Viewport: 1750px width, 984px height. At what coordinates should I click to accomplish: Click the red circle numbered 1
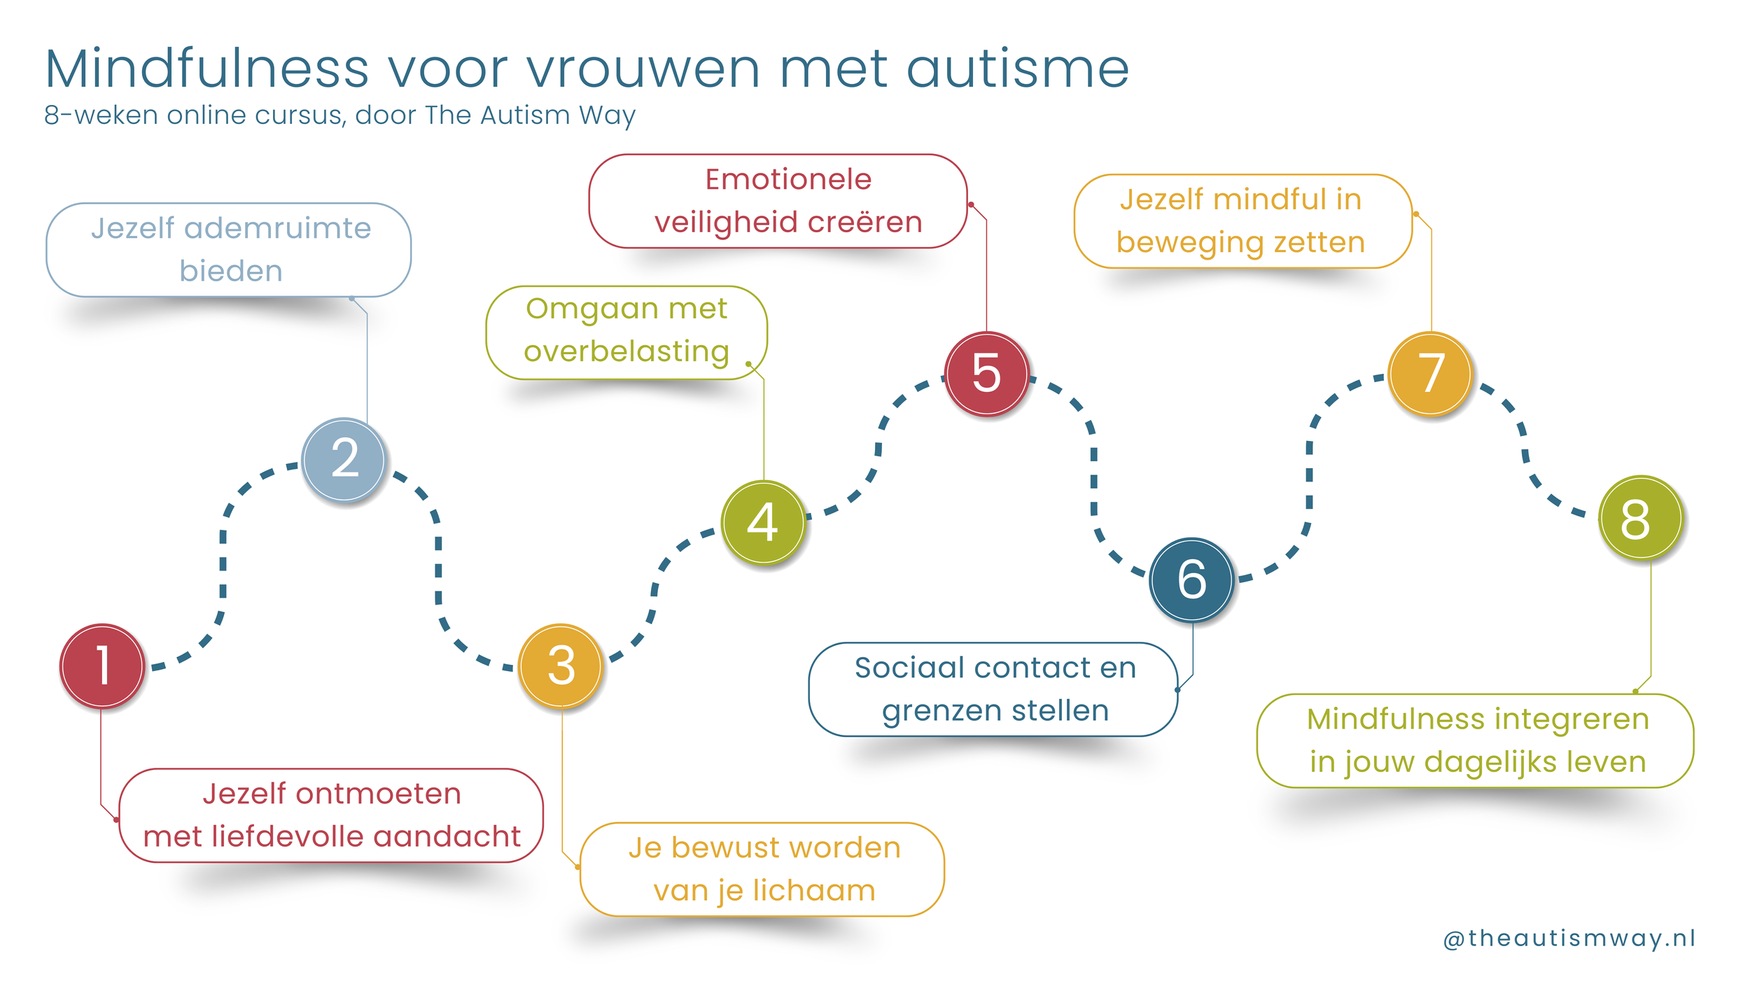coord(102,666)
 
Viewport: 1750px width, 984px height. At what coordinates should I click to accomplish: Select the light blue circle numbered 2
coord(344,459)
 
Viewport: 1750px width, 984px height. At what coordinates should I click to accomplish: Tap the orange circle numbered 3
coord(561,666)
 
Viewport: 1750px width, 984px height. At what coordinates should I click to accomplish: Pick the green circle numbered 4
coord(763,522)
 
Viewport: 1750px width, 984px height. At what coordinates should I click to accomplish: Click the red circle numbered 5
coord(986,373)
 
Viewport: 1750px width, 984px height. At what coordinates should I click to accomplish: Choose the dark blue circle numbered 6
coord(1191,579)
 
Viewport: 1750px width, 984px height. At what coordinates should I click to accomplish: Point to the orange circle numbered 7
coord(1431,373)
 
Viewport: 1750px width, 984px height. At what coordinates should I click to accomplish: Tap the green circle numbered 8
coord(1640,519)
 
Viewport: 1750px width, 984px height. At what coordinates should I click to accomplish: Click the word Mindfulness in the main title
coord(207,69)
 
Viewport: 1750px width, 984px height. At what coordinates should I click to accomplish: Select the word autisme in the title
coord(1018,69)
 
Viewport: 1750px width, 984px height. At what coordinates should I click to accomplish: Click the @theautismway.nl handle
coord(1569,939)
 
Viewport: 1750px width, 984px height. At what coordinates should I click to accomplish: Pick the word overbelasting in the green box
coord(626,352)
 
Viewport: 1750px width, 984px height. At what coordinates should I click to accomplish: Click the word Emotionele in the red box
coord(788,180)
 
